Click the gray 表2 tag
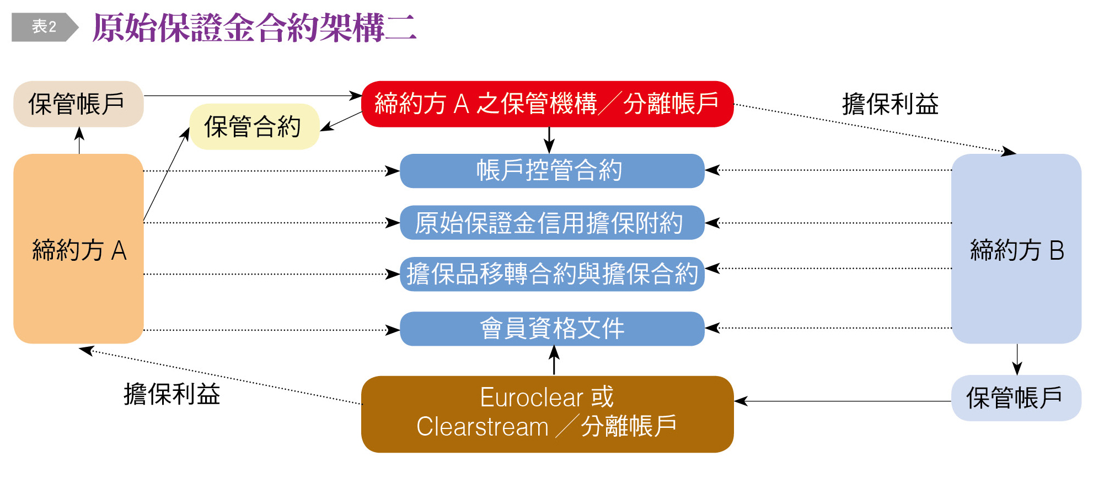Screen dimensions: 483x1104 point(44,26)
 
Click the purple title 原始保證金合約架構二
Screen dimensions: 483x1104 point(254,28)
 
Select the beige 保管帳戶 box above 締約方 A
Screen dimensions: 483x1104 point(78,104)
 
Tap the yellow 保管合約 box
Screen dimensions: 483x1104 point(254,127)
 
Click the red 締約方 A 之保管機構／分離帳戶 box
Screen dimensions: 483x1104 point(547,104)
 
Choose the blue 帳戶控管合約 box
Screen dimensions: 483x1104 point(551,171)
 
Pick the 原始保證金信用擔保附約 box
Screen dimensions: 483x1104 point(551,223)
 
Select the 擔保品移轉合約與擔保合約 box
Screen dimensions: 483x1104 point(551,274)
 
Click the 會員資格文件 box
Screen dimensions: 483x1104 point(551,329)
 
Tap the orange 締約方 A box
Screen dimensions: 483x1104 point(78,249)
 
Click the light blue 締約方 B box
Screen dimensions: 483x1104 point(1016,249)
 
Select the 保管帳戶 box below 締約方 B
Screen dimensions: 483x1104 point(1016,398)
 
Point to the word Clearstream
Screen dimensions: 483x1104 point(483,427)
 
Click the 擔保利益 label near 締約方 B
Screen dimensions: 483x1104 point(890,104)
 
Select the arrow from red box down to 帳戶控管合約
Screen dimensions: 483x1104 point(549,140)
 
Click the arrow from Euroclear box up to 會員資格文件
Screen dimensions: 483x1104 point(554,361)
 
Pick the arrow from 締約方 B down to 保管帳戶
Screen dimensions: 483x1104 point(1017,359)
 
